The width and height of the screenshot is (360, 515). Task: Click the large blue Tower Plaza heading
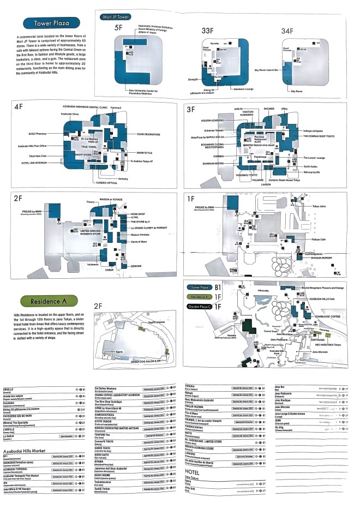pos(51,23)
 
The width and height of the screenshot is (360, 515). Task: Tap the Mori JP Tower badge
pos(117,17)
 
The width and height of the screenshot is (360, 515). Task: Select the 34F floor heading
pos(287,31)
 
